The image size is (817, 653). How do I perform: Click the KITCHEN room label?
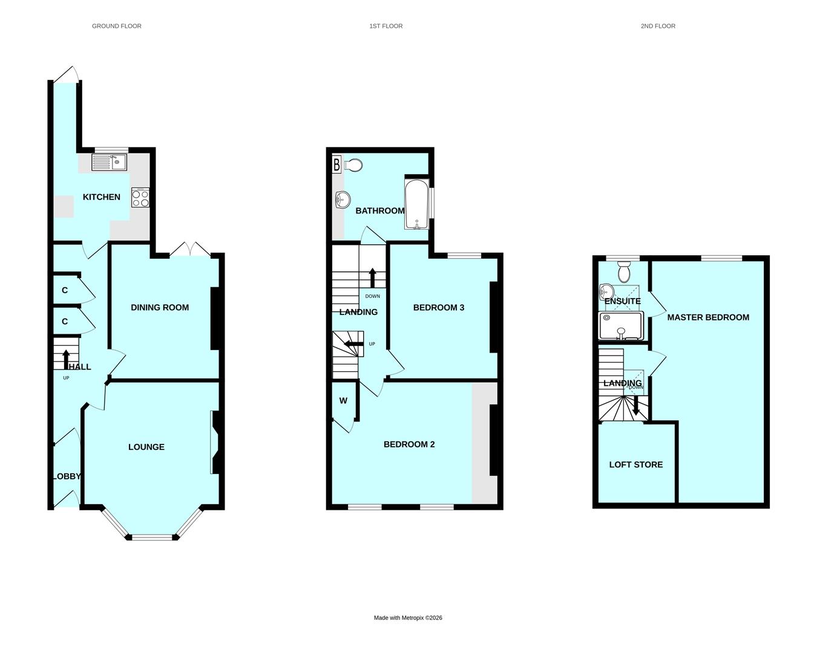[101, 197]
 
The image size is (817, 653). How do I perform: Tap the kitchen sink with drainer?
[110, 163]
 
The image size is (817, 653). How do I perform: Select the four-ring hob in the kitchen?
[140, 198]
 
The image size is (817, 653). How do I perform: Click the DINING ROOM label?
[160, 308]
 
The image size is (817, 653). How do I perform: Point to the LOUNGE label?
[146, 447]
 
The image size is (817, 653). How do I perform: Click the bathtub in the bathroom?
[417, 204]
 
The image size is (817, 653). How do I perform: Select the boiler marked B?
[336, 165]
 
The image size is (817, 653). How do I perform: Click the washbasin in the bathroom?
[343, 200]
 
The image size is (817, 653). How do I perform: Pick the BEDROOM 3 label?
[439, 308]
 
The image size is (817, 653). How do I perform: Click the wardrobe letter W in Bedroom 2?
[343, 401]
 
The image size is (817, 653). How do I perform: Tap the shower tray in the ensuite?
[621, 325]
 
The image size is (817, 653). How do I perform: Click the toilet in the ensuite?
[624, 271]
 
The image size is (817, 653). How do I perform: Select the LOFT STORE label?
[636, 465]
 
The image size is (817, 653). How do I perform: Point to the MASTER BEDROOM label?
[708, 317]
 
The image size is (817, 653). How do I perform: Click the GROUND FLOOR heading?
[117, 26]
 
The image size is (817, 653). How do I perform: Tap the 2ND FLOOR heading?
[658, 26]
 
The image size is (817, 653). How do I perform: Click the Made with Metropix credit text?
[408, 618]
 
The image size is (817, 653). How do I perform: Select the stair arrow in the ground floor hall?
[66, 360]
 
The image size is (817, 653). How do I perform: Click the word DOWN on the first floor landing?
[372, 296]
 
